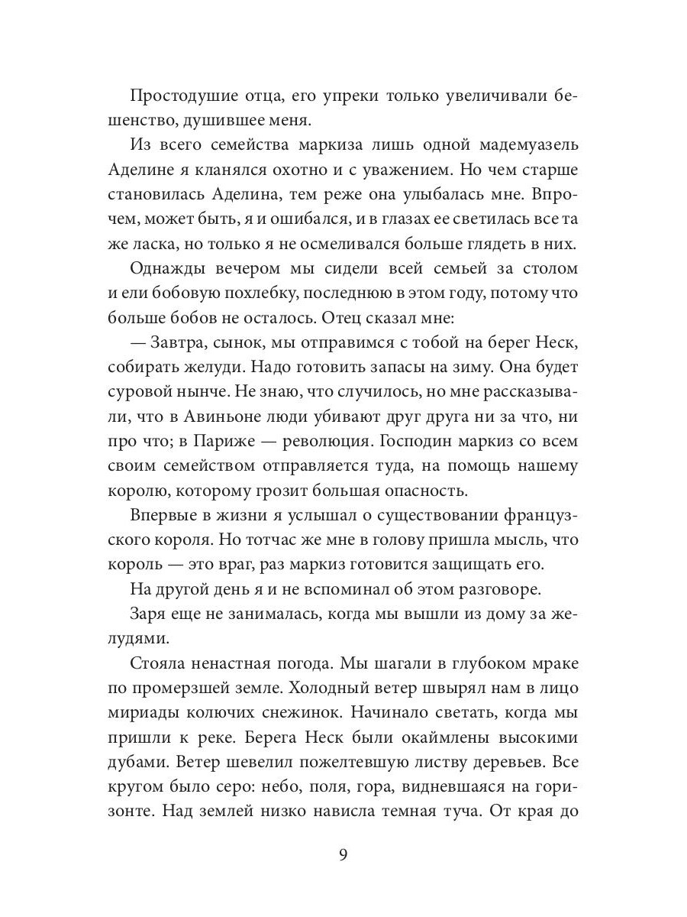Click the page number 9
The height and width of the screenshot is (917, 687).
pos(343,854)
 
